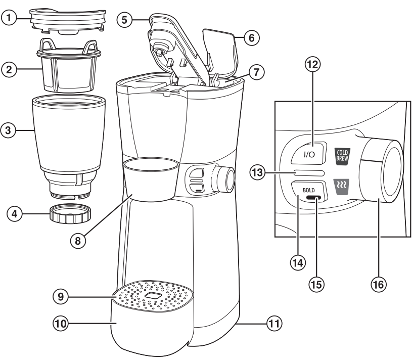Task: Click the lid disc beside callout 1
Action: point(67,19)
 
